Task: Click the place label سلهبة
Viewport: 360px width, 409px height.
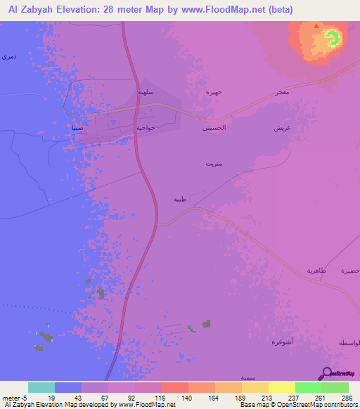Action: pyautogui.click(x=144, y=93)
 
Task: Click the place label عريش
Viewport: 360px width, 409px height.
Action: pyautogui.click(x=302, y=129)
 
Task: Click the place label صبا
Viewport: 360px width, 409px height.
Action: pyautogui.click(x=77, y=128)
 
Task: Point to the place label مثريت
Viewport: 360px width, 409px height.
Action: pyautogui.click(x=211, y=164)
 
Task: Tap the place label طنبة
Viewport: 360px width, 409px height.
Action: pyautogui.click(x=181, y=200)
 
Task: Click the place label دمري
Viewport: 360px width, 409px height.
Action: pyautogui.click(x=8, y=56)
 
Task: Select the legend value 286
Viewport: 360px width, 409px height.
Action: pyautogui.click(x=346, y=398)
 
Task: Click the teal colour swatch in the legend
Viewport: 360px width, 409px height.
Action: pyautogui.click(x=41, y=387)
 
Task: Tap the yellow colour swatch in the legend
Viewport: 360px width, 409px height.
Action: pyautogui.click(x=281, y=387)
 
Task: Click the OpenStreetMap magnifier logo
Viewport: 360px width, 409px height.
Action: pyautogui.click(x=326, y=373)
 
